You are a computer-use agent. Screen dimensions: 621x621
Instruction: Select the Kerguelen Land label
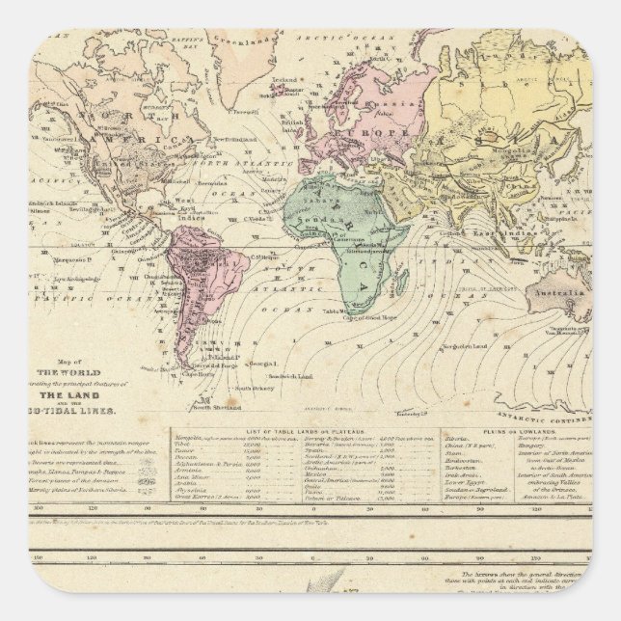(454, 346)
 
